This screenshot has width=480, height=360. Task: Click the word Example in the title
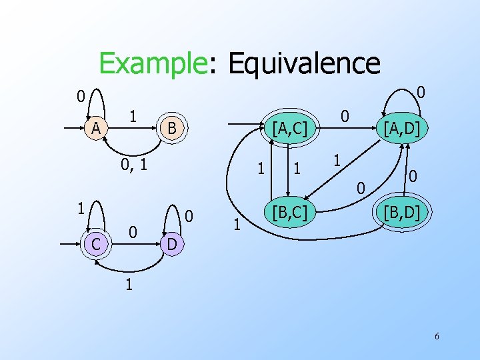151,64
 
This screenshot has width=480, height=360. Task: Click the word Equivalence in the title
304,64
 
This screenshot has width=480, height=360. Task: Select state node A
96,128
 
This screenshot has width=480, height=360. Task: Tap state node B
171,128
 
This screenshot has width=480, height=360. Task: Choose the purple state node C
96,245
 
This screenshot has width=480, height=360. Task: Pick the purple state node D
171,245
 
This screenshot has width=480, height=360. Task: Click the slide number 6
437,337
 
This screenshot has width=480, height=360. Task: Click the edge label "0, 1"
133,163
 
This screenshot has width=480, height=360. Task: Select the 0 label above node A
80,97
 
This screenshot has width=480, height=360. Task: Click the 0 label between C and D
133,232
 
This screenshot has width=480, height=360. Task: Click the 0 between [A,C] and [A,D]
345,116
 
